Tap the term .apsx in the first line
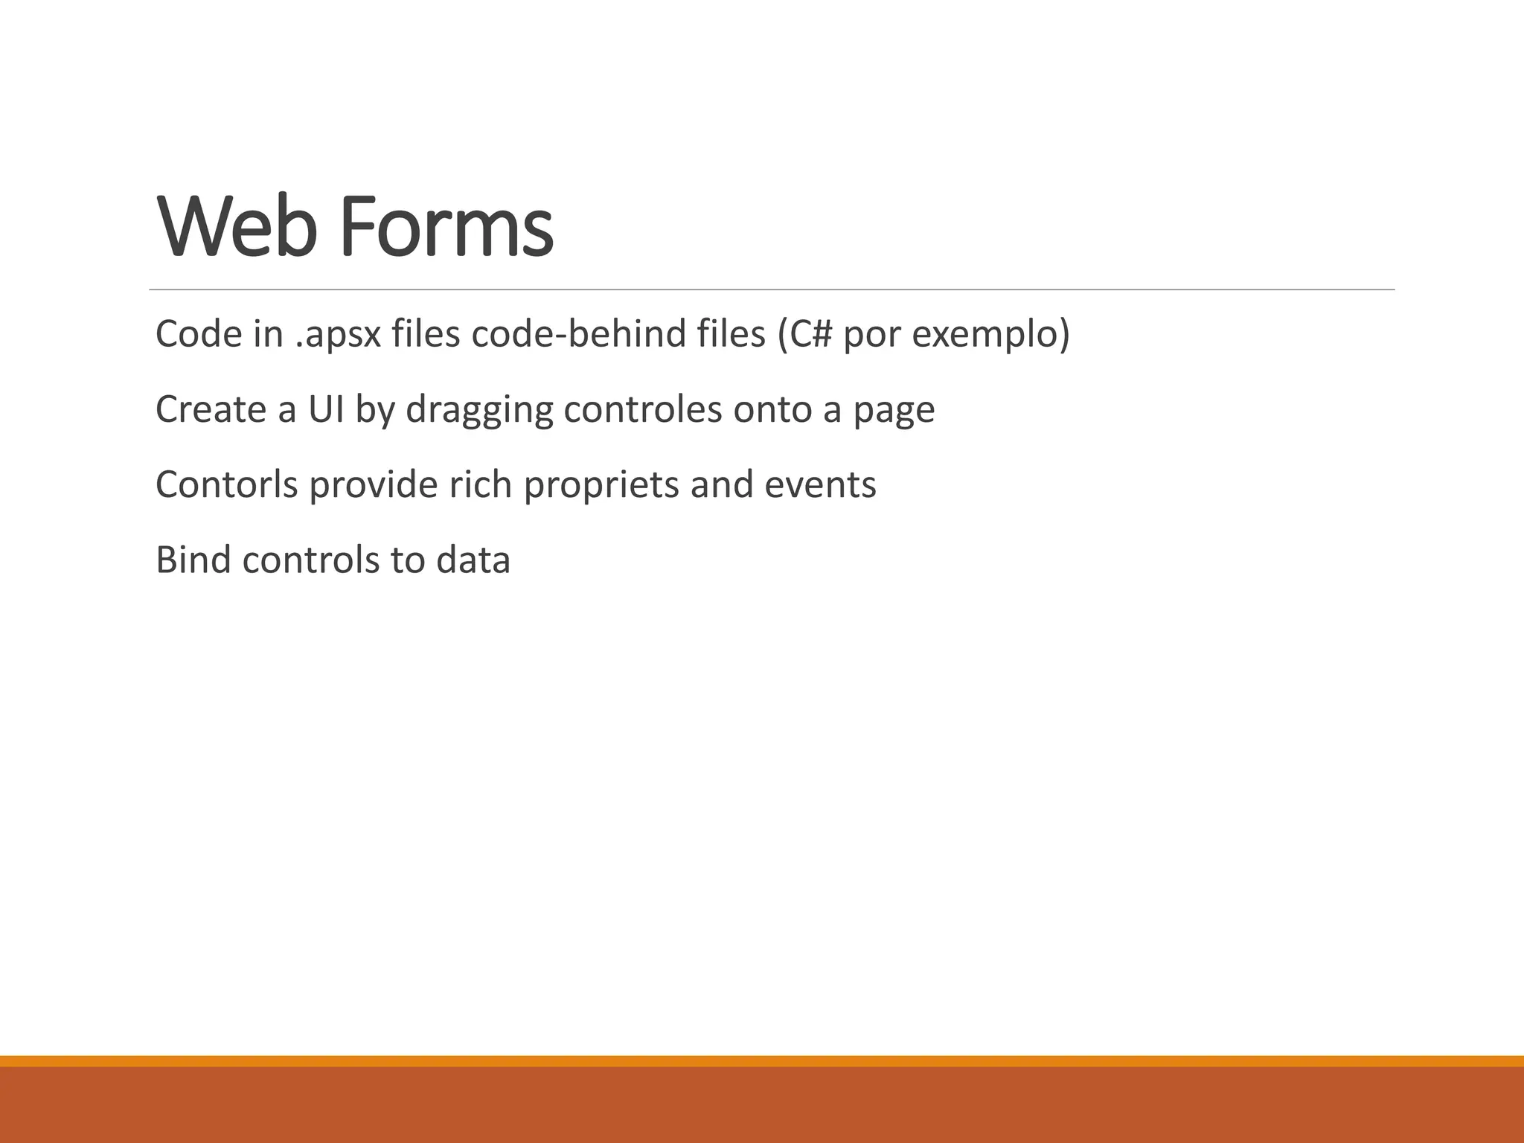point(339,334)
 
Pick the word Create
point(211,409)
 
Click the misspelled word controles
point(643,409)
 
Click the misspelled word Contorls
point(226,484)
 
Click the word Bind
point(193,560)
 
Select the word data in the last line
point(473,560)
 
